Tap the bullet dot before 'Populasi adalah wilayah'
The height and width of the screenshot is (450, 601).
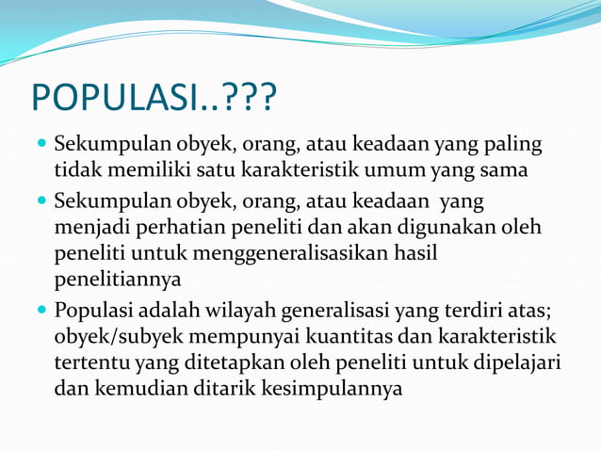tap(42, 311)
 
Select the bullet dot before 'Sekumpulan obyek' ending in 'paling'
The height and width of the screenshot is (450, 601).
tap(42, 147)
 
